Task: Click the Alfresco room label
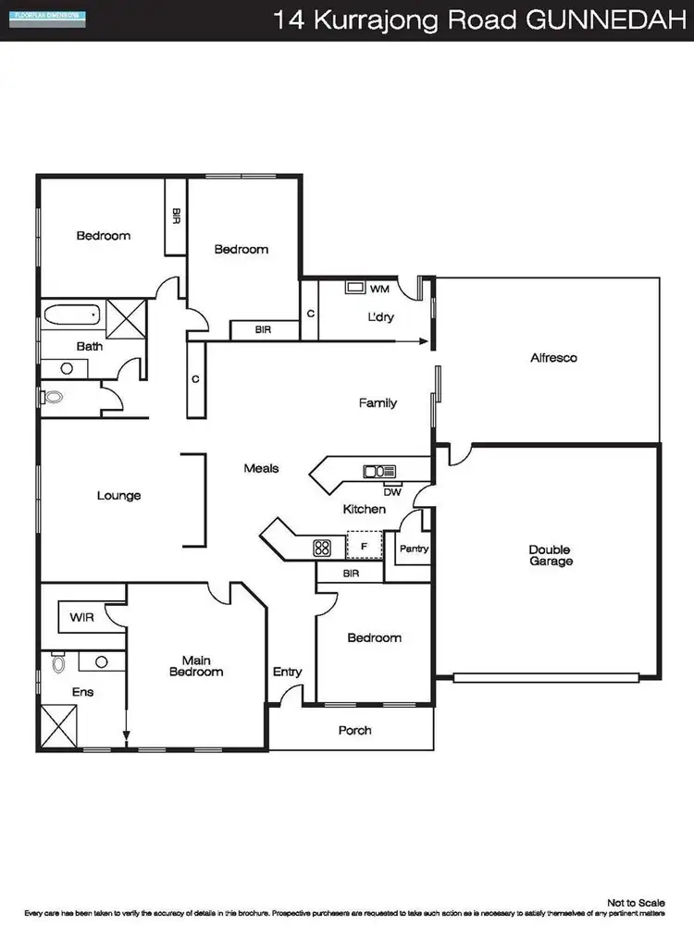coord(553,357)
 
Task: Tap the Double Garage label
coord(551,555)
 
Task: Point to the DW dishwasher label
coord(391,491)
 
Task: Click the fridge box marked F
coord(364,547)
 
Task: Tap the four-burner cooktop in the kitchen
coord(322,547)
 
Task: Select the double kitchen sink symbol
coord(379,472)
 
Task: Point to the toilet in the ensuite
coord(59,662)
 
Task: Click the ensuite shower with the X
coord(58,724)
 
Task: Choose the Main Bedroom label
coord(202,666)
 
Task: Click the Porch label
coord(354,730)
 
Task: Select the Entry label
coord(287,672)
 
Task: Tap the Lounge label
coord(119,496)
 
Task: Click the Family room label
coord(378,402)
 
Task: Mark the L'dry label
coord(381,317)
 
